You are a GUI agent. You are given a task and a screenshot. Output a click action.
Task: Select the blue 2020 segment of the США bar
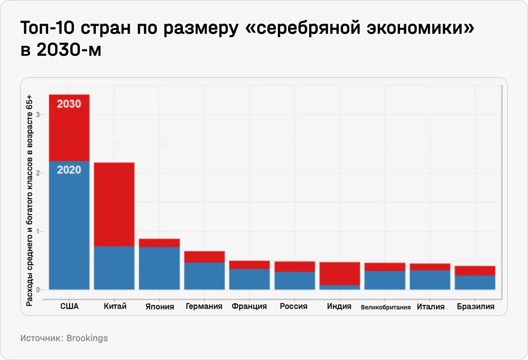pos(69,228)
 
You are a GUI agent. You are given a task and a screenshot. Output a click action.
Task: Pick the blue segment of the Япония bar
pos(159,268)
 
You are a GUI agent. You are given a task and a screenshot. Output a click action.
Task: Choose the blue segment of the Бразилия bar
pos(475,282)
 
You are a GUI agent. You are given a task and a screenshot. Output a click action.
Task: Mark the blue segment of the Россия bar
pos(294,281)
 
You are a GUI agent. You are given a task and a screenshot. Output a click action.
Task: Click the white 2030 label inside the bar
pos(69,104)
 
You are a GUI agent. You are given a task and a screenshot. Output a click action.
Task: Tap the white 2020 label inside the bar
pos(69,170)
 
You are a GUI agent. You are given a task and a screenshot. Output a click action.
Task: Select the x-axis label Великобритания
pos(386,307)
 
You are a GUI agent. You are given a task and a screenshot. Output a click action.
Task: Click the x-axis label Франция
pos(249,306)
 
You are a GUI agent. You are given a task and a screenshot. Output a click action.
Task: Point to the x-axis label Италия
pos(430,307)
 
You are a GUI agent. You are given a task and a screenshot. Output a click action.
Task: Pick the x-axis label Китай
pos(115,306)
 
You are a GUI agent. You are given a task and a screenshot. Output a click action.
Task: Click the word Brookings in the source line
pos(87,338)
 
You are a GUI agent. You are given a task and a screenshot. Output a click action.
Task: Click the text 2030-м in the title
pos(69,50)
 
